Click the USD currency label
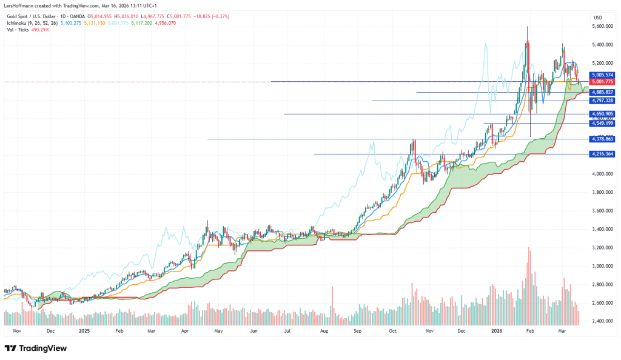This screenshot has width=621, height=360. coord(597,16)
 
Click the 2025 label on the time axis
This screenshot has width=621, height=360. coord(84,332)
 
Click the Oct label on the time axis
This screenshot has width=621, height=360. coord(392,332)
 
